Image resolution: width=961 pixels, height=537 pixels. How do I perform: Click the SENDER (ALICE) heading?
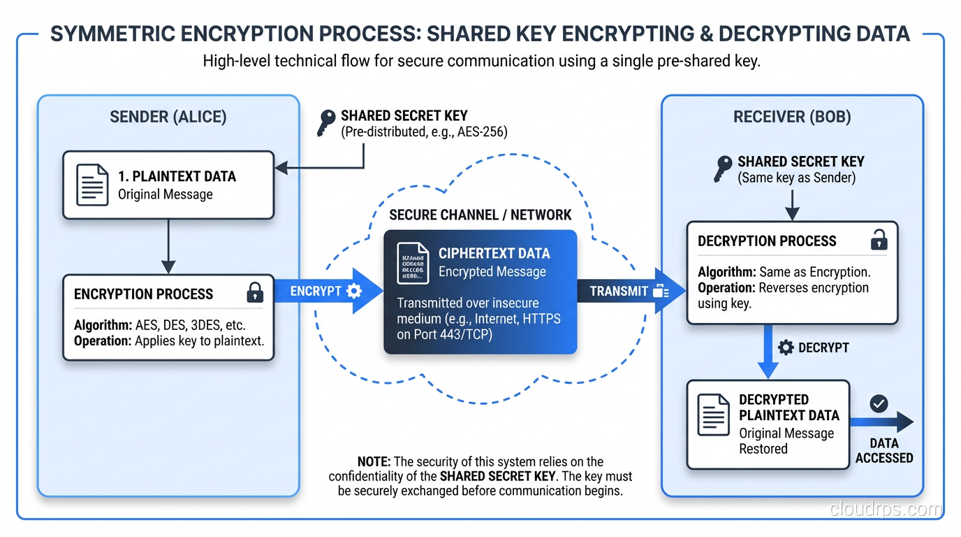(168, 117)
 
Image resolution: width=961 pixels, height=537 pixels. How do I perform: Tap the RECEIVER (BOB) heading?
(792, 117)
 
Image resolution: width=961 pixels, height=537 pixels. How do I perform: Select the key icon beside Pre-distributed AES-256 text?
(325, 123)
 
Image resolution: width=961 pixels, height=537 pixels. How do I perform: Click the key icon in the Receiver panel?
(723, 169)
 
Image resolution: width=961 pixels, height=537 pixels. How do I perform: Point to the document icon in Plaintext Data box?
(92, 185)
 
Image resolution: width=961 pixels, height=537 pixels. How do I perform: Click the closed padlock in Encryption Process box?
(255, 292)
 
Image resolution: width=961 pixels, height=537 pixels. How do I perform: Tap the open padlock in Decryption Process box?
(878, 240)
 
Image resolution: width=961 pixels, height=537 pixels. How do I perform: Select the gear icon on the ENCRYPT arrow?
(354, 291)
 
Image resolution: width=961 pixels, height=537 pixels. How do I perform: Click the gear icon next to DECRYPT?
(786, 348)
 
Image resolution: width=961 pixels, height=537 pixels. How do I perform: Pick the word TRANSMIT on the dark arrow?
(619, 291)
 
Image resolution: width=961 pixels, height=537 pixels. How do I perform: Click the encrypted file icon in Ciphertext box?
(413, 263)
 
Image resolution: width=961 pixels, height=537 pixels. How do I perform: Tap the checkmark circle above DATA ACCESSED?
(879, 403)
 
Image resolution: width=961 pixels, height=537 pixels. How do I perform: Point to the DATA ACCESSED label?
(883, 451)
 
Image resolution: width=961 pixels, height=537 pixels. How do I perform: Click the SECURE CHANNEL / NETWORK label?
(480, 215)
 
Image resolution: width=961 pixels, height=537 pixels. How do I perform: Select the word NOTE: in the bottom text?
(374, 461)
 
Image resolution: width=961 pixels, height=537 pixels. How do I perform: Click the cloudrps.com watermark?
(885, 509)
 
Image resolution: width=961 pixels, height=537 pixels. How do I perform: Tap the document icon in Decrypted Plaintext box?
(714, 415)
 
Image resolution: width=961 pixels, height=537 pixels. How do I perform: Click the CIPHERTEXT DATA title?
(494, 254)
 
